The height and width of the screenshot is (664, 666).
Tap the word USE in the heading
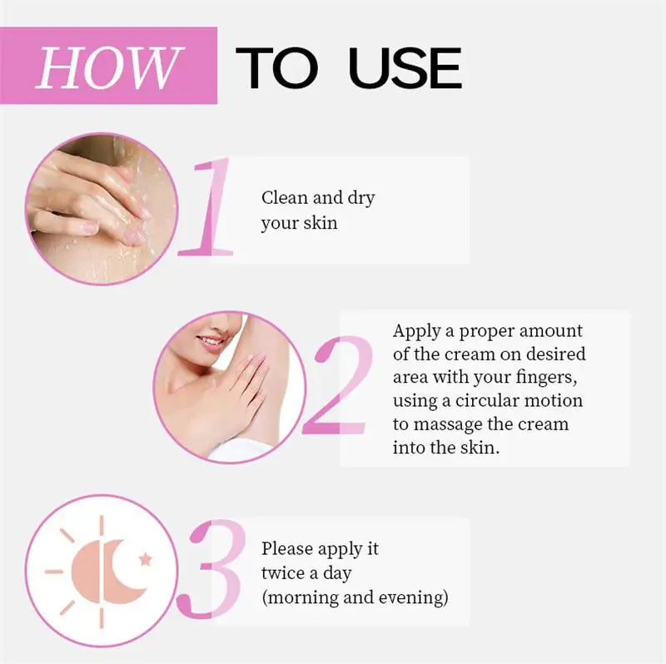pos(405,68)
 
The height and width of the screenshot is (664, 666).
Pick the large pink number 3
pos(220,571)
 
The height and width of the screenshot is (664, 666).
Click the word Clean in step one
pos(285,198)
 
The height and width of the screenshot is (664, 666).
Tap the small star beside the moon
pos(147,559)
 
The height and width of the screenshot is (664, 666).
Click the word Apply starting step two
pos(417,331)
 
